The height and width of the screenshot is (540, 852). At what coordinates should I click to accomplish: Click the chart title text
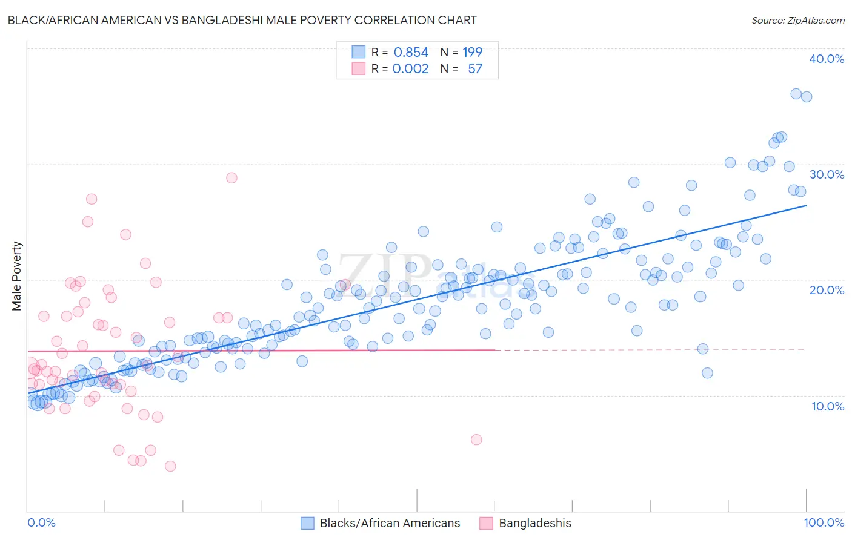[x=242, y=20]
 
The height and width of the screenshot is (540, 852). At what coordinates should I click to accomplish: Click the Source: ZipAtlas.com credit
[x=797, y=20]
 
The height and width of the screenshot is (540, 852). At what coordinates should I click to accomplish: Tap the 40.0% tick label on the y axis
[x=827, y=59]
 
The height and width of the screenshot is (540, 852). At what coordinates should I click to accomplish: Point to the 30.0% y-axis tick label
[x=827, y=174]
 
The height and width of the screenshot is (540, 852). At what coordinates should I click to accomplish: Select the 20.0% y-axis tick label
[x=827, y=290]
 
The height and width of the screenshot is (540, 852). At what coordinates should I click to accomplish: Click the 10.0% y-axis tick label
[x=827, y=406]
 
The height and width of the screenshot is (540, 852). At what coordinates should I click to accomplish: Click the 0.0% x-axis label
[x=41, y=522]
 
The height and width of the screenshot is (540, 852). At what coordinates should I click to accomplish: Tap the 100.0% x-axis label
[x=824, y=522]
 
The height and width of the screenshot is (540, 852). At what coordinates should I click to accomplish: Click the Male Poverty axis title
[x=17, y=276]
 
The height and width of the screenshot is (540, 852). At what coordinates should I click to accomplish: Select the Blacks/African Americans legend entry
[x=390, y=523]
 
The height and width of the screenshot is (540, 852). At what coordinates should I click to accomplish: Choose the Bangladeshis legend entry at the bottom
[x=534, y=523]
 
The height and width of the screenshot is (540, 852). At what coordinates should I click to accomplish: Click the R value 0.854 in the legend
[x=411, y=53]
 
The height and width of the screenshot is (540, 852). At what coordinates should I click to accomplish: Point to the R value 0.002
[x=410, y=69]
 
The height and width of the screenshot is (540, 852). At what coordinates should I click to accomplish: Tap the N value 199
[x=472, y=53]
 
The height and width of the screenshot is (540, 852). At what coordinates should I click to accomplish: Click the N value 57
[x=475, y=69]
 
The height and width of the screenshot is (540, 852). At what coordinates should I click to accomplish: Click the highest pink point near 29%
[x=231, y=178]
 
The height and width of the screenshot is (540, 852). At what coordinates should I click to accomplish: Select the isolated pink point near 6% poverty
[x=476, y=440]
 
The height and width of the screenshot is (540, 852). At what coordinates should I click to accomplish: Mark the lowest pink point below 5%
[x=170, y=466]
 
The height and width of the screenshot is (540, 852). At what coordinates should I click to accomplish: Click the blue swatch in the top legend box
[x=359, y=53]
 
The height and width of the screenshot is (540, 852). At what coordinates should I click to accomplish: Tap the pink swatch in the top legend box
[x=359, y=69]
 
